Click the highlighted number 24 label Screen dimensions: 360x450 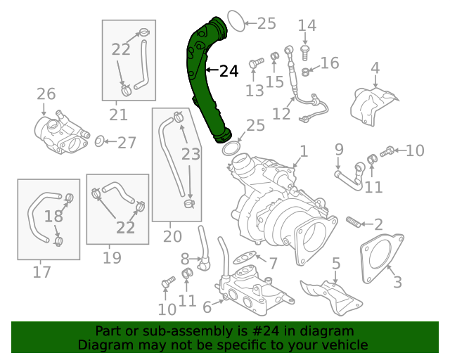pyautogui.click(x=229, y=71)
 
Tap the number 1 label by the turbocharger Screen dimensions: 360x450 pyautogui.click(x=304, y=151)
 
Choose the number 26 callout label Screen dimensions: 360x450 pyautogui.click(x=46, y=94)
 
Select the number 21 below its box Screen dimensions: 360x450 pyautogui.click(x=118, y=115)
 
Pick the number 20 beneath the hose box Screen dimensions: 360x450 pyautogui.click(x=172, y=236)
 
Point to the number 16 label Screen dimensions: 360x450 pyautogui.click(x=330, y=63)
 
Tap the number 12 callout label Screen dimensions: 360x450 pyautogui.click(x=281, y=114)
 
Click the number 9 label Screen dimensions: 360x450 pyautogui.click(x=339, y=149)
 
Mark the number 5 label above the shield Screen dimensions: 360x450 pyautogui.click(x=336, y=264)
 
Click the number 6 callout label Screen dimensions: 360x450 pyautogui.click(x=207, y=307)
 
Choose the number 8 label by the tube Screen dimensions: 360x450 pyautogui.click(x=186, y=259)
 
